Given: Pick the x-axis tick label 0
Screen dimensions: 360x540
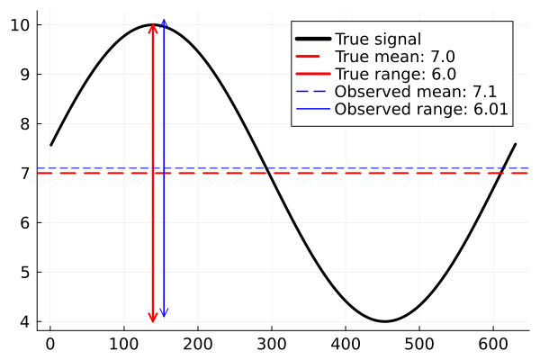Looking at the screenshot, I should tap(50, 343).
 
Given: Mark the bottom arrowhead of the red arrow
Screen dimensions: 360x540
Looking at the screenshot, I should tap(153, 319).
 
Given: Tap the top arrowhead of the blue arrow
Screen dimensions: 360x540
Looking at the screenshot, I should tap(163, 21).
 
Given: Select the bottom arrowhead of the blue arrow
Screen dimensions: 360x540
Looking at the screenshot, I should tap(163, 315).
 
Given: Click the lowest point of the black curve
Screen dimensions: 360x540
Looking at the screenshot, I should tap(384, 321).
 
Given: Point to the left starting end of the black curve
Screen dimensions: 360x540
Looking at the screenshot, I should tap(51, 144).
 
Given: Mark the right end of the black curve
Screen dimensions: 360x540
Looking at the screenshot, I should tap(515, 144).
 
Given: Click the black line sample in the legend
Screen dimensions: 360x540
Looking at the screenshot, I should tap(311, 39).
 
